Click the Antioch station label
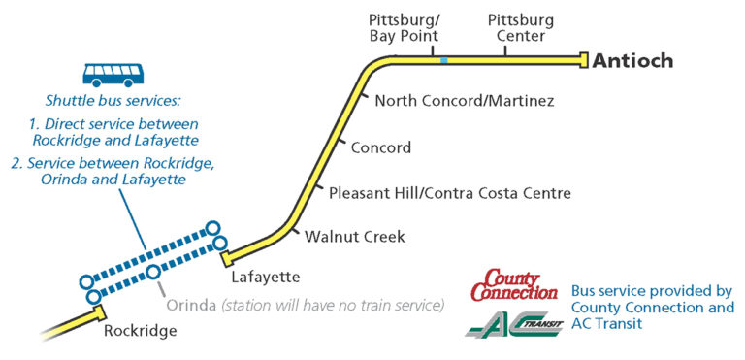tap(632, 60)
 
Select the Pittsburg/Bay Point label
tap(405, 28)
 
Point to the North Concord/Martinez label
tap(465, 100)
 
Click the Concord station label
tap(381, 147)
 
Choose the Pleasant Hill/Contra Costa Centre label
tap(450, 193)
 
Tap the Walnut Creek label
tap(355, 236)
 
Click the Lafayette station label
tap(260, 278)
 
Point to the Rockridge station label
tap(140, 331)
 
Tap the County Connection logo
tap(514, 286)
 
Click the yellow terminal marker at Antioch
tap(584, 60)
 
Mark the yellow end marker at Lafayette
tap(226, 259)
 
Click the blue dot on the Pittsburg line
tap(444, 60)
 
